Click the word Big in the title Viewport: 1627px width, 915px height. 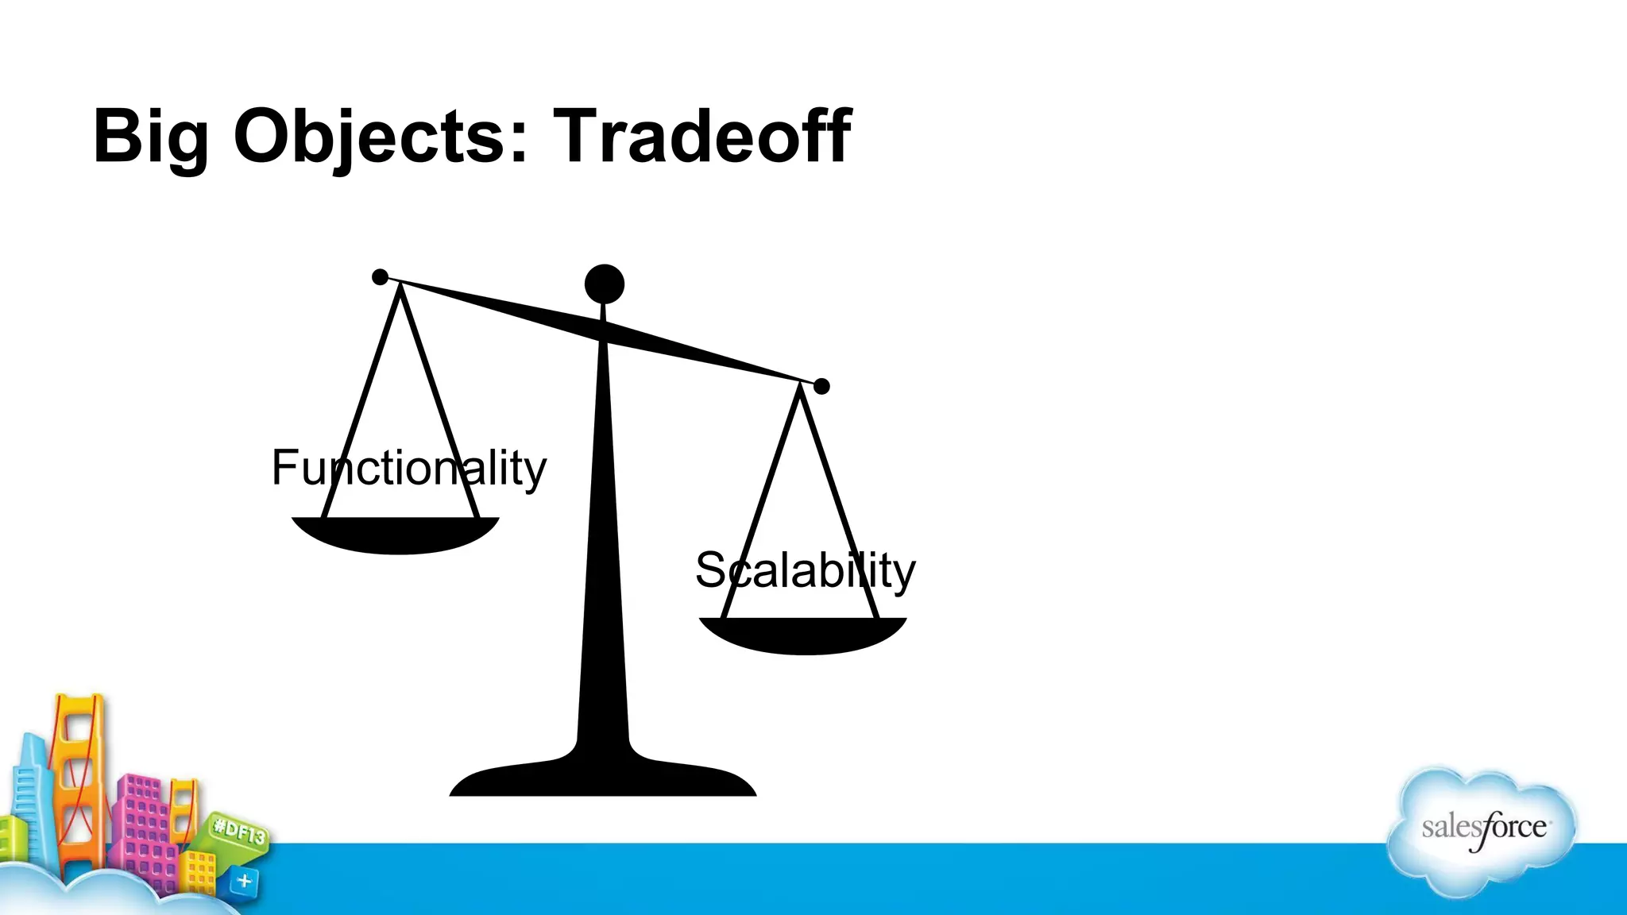[150, 137]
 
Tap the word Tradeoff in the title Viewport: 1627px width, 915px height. [702, 137]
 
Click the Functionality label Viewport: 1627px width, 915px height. [408, 468]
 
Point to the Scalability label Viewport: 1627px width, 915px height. [805, 570]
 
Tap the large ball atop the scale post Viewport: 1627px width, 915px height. [605, 284]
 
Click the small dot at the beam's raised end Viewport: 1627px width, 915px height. [381, 277]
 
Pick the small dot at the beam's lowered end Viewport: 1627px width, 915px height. [821, 386]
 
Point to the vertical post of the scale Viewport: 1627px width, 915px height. [604, 540]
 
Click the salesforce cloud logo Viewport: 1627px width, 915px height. [1482, 829]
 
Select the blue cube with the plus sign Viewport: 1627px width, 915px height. [244, 881]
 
